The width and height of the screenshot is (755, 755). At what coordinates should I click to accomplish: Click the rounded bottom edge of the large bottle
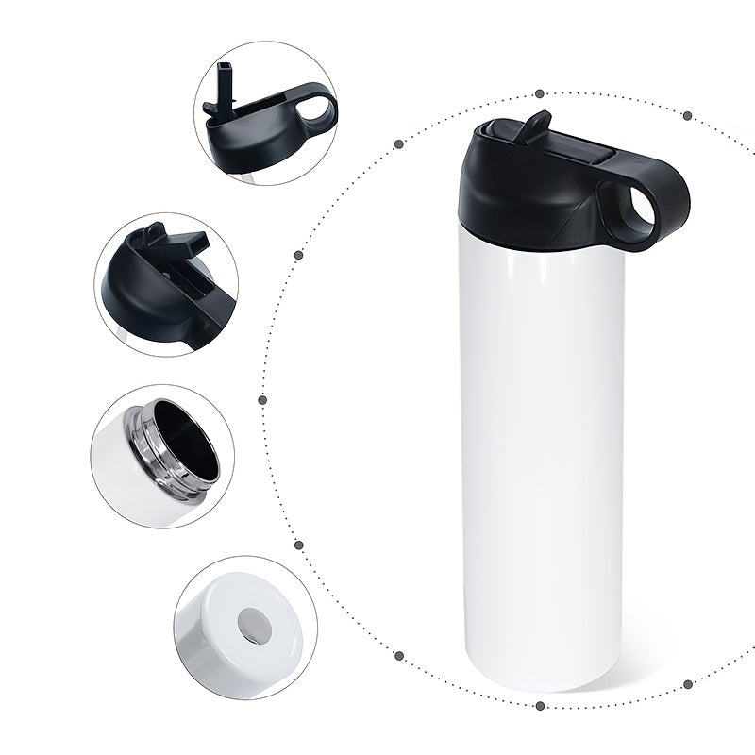tap(543, 684)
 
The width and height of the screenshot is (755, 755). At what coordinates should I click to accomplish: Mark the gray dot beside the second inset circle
tap(298, 254)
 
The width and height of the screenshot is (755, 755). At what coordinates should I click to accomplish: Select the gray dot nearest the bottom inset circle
tap(298, 545)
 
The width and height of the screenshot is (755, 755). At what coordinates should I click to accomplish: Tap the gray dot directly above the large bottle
tap(539, 93)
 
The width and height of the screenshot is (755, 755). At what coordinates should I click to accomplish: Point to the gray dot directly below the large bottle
tap(539, 705)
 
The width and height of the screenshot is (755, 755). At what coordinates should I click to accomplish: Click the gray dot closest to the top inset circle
tap(399, 144)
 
